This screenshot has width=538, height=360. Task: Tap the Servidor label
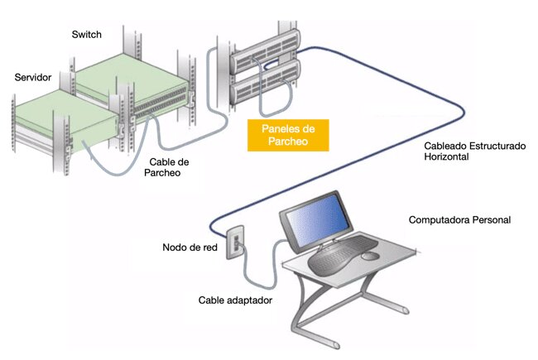click(x=34, y=77)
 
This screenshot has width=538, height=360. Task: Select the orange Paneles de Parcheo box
click(x=288, y=135)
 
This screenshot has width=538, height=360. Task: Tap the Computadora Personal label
click(x=459, y=220)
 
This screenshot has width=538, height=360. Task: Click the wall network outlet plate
click(x=234, y=240)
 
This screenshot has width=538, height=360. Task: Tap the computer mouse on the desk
click(x=371, y=256)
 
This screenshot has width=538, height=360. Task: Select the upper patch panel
click(x=262, y=57)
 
